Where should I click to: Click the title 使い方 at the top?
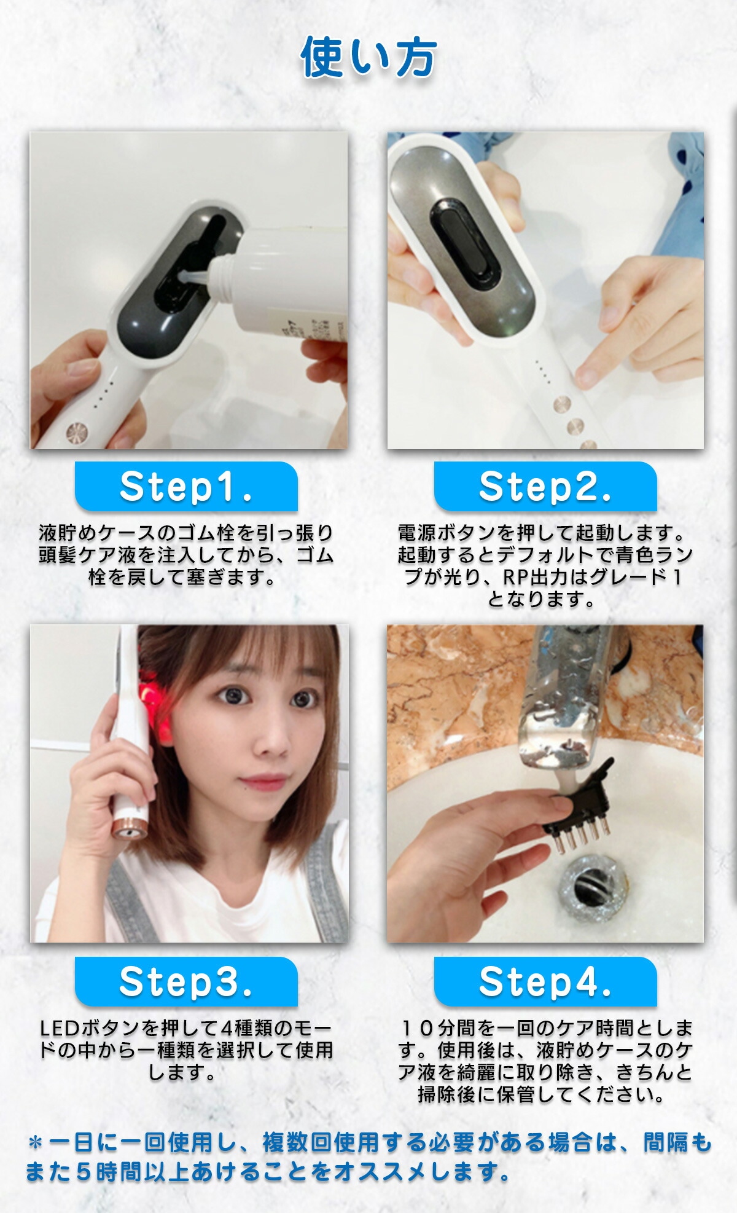point(368,58)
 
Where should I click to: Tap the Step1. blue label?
point(186,487)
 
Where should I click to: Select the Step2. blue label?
point(545,487)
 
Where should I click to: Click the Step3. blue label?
point(186,981)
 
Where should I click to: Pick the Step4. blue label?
point(545,981)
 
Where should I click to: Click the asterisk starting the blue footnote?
point(36,1143)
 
